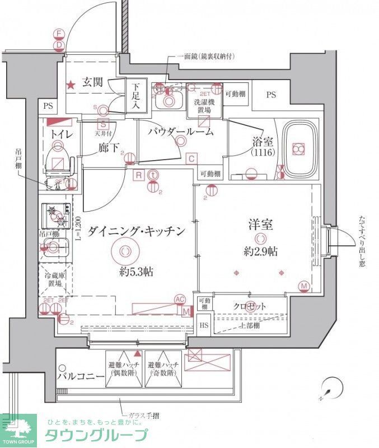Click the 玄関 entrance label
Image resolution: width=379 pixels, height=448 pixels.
(x=92, y=83)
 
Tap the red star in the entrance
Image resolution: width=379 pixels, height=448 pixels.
(x=71, y=86)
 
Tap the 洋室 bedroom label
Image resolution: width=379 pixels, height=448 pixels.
(x=260, y=225)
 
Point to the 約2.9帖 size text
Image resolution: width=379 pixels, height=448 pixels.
(x=260, y=251)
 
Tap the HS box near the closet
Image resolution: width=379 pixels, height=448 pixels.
(x=204, y=325)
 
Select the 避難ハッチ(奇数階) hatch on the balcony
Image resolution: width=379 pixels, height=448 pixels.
(x=163, y=368)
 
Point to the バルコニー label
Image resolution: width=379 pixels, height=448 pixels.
(x=82, y=376)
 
